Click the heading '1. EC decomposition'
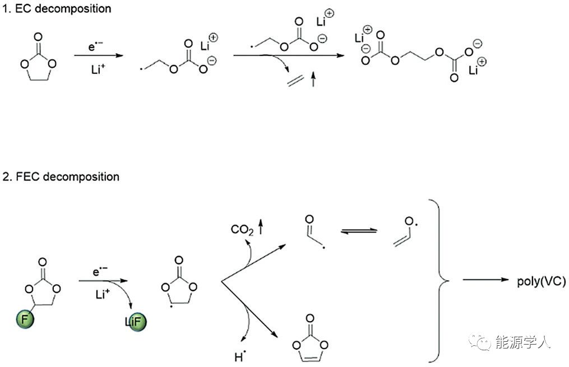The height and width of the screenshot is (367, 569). (x=56, y=8)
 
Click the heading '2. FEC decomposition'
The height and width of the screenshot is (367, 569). (x=60, y=176)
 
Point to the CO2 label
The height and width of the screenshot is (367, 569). (x=242, y=229)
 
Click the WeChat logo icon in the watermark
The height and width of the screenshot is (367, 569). (x=480, y=341)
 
